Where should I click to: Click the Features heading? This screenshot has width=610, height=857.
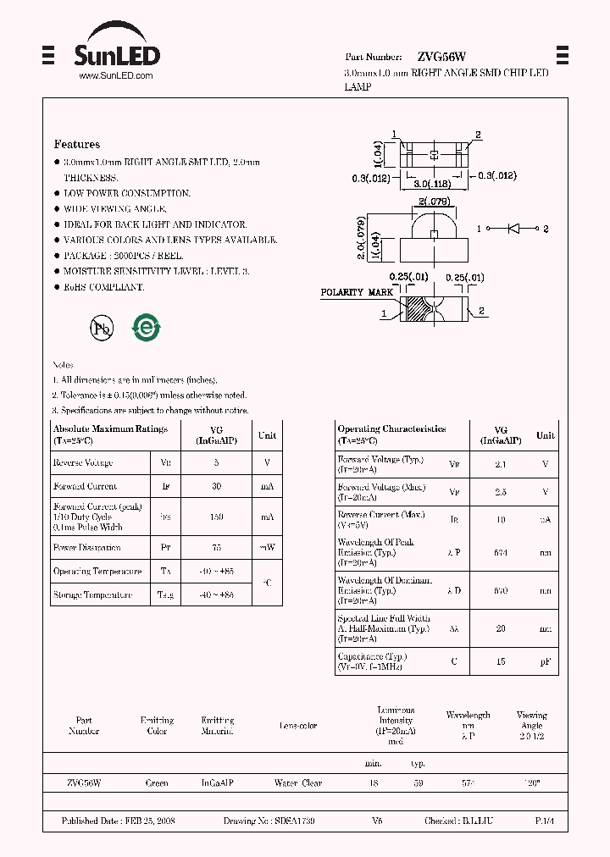(77, 145)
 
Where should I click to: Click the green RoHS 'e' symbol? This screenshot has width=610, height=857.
(146, 328)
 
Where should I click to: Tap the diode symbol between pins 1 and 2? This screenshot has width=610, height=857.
(513, 229)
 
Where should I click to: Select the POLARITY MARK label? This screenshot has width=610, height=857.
(357, 292)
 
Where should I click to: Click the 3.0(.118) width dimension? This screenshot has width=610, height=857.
(432, 184)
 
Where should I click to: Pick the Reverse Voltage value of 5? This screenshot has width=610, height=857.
(217, 463)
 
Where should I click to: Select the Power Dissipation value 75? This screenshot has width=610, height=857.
(217, 548)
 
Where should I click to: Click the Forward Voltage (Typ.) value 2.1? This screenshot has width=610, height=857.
(501, 464)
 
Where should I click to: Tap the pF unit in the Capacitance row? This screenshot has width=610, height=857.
(546, 661)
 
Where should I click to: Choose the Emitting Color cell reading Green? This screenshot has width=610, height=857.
(157, 783)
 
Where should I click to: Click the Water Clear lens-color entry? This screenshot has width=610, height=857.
(298, 783)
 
